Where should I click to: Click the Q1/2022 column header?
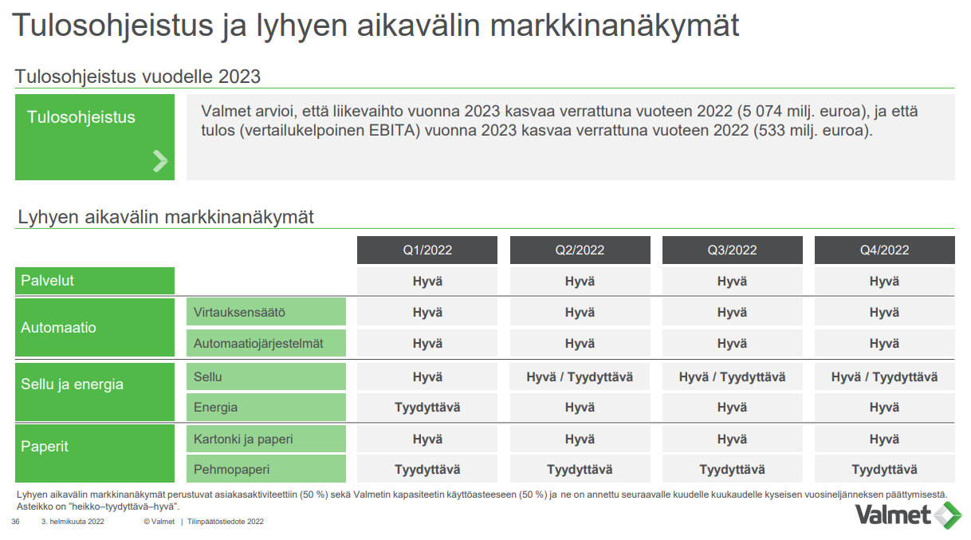click(427, 250)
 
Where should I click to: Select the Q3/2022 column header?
click(732, 250)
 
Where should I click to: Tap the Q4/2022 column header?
click(884, 250)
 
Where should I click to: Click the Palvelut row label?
click(95, 281)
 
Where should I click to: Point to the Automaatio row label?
click(95, 328)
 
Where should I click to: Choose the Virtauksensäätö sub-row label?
click(266, 312)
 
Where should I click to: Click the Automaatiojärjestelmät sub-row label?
click(266, 343)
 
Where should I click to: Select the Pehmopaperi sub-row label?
click(266, 469)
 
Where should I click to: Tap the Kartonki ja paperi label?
click(266, 439)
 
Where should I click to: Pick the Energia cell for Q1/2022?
click(427, 408)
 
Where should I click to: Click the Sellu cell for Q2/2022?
click(580, 377)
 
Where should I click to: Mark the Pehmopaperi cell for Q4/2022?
click(884, 469)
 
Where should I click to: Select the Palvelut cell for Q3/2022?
click(732, 281)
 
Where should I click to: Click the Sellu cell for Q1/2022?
click(427, 377)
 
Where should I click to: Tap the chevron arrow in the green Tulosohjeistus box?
click(160, 161)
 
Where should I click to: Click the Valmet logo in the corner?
click(908, 515)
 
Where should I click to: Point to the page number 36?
click(15, 522)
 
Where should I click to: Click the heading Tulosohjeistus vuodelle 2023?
click(138, 77)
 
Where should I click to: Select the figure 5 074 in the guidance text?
click(761, 112)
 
